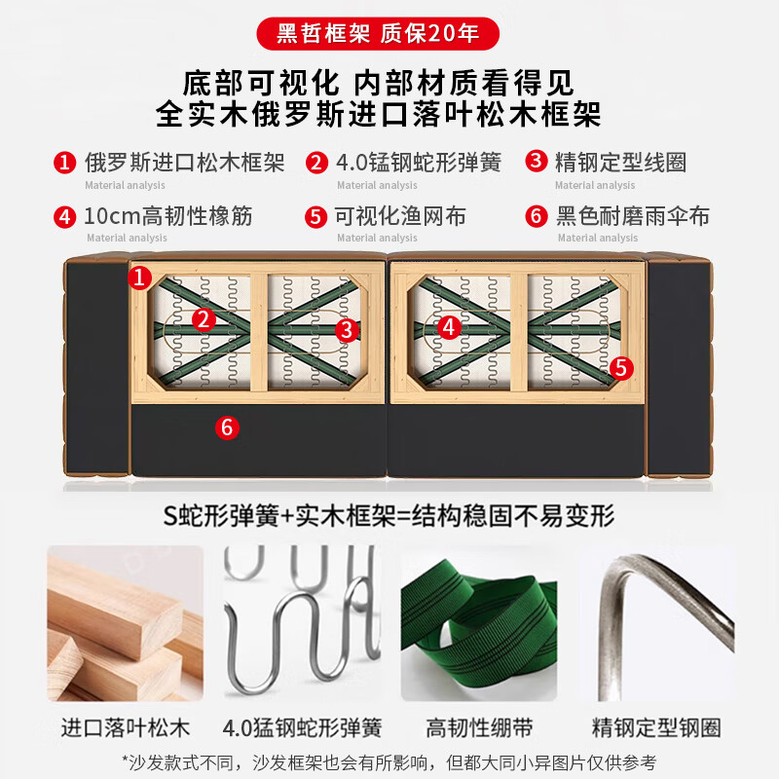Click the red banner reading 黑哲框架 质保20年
[378, 33]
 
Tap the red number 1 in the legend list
[64, 163]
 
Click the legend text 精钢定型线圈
[620, 162]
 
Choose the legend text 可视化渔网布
[400, 215]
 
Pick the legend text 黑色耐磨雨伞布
[632, 215]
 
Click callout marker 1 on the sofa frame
[140, 278]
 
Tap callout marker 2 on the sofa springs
[203, 318]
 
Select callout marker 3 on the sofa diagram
[347, 330]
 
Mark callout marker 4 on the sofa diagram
[449, 327]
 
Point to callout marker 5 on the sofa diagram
[620, 367]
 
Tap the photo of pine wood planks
[125, 623]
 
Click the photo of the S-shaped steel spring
[302, 623]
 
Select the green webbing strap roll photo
[478, 623]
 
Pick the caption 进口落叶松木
[126, 727]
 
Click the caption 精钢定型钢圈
[656, 727]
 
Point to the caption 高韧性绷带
[479, 727]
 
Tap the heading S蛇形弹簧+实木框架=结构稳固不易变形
[389, 514]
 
